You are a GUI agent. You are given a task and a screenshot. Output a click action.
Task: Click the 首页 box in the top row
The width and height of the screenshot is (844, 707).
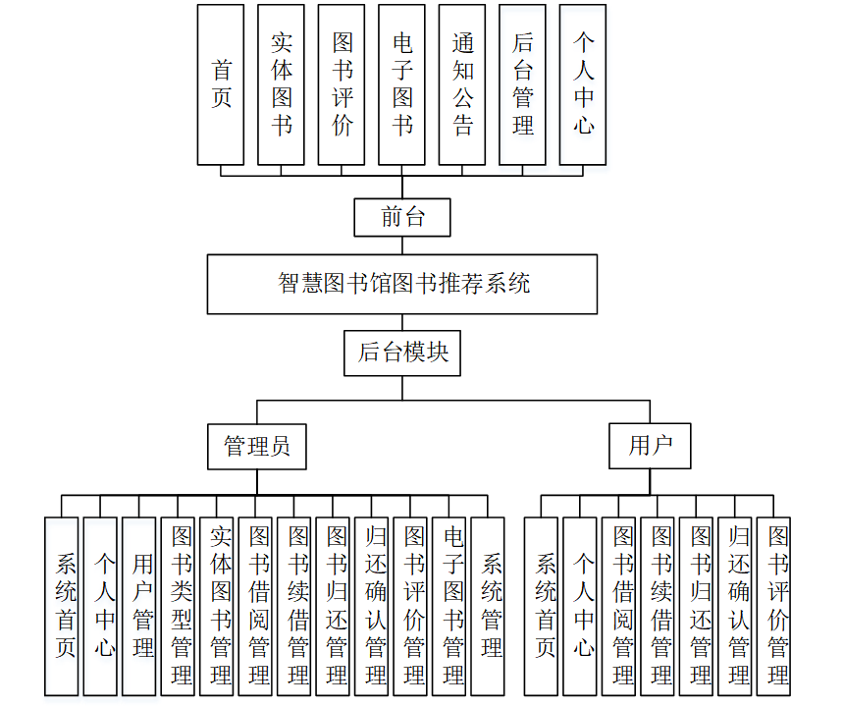(x=221, y=84)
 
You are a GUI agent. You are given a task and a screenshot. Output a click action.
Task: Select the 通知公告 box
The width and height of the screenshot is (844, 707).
(x=462, y=84)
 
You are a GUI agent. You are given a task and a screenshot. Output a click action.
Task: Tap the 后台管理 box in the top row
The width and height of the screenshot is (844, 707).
(x=523, y=84)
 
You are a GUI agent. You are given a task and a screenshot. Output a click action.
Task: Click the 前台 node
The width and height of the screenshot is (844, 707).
(x=402, y=217)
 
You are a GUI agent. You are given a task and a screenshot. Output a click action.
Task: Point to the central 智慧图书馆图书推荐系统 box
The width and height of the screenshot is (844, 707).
(x=402, y=284)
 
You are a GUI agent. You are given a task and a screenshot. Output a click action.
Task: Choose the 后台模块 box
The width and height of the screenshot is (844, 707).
(x=402, y=353)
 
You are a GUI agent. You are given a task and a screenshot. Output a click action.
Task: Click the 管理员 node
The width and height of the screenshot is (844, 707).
(x=257, y=447)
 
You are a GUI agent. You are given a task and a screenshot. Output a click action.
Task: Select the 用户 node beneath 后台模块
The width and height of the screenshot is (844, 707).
(x=650, y=447)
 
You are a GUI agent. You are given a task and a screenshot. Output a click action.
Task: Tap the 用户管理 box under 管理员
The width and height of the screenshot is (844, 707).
(x=139, y=606)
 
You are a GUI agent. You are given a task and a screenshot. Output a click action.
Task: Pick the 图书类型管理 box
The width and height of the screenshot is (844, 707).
(x=179, y=606)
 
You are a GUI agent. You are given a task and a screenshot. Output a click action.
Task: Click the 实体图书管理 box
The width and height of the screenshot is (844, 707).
(x=218, y=606)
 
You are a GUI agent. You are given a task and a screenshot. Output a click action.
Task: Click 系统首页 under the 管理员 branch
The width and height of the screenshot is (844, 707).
(x=62, y=606)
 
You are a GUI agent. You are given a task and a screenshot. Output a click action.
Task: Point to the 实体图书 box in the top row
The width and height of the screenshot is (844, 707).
(x=282, y=84)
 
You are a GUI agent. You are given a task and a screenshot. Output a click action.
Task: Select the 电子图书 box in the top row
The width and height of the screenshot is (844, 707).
(x=402, y=84)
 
